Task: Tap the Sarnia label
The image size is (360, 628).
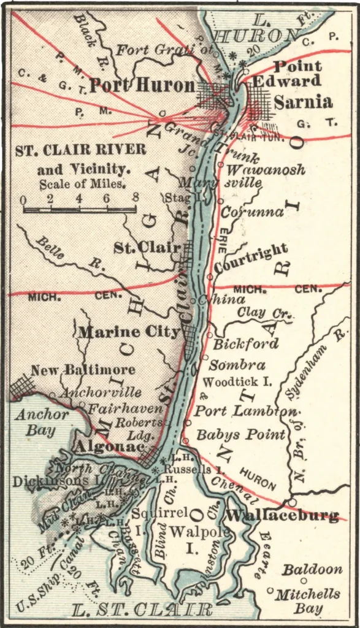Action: pyautogui.click(x=303, y=102)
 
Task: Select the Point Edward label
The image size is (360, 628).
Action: pyautogui.click(x=297, y=74)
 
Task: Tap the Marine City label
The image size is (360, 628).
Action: pyautogui.click(x=129, y=332)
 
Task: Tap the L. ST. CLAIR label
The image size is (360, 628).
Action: pyautogui.click(x=142, y=610)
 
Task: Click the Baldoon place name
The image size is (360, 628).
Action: pyautogui.click(x=312, y=570)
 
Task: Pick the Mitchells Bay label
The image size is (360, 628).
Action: pyautogui.click(x=307, y=601)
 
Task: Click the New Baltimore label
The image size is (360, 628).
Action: pyautogui.click(x=83, y=370)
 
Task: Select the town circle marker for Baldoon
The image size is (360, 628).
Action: pyautogui.click(x=304, y=581)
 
